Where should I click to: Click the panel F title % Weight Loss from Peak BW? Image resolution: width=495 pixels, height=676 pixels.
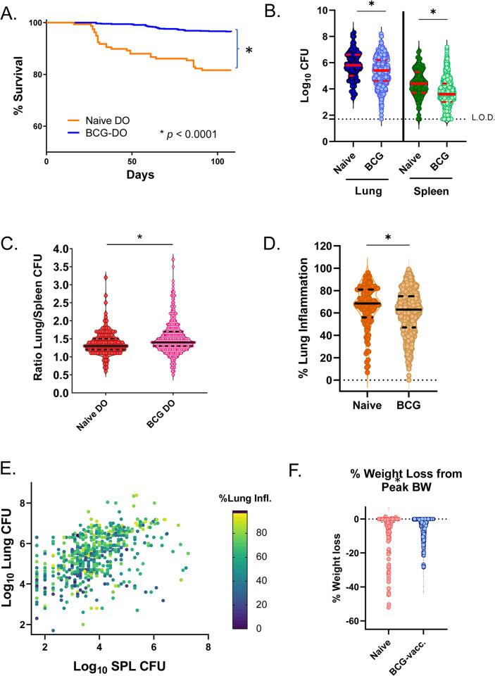[397, 468]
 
